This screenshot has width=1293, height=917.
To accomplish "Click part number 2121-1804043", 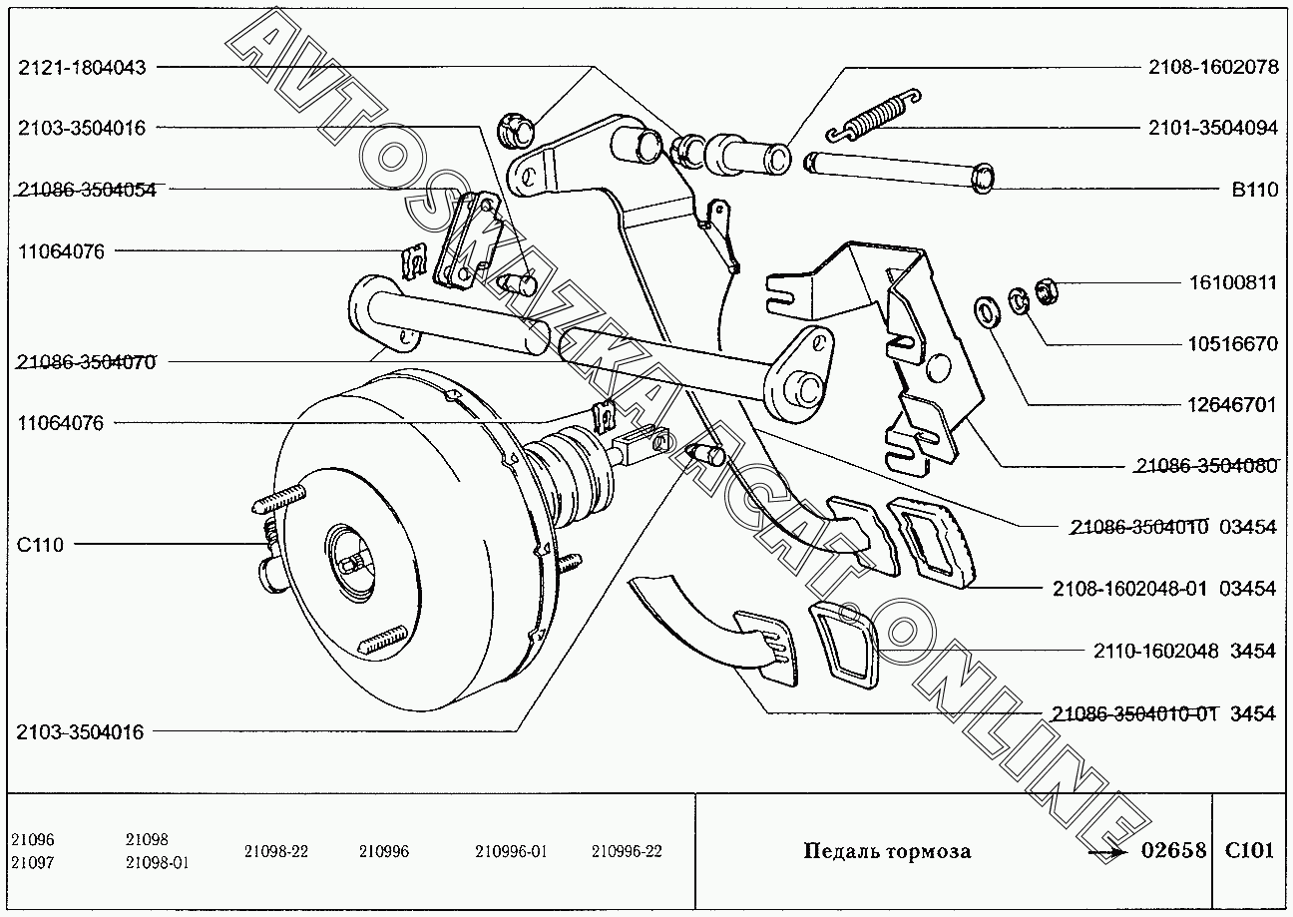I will tap(82, 68).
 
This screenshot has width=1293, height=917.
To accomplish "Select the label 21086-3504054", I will tap(86, 190).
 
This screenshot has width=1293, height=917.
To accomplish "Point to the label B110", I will tap(1254, 190).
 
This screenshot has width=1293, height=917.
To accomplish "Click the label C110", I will tap(40, 545).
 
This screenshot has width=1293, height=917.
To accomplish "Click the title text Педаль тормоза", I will tap(887, 851).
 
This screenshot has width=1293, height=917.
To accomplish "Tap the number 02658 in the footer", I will tap(1173, 851).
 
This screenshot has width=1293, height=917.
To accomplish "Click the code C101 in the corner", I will tap(1249, 851).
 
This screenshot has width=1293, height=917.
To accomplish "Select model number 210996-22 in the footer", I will tap(627, 851).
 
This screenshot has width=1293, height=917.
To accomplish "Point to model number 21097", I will tap(33, 862).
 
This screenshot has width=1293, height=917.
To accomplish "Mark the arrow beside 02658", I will tap(1107, 853).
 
